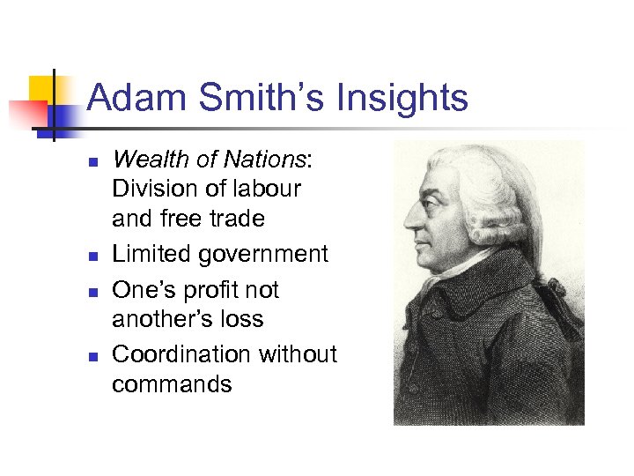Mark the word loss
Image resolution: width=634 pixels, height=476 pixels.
(241, 318)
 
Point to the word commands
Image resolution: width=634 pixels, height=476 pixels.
(172, 384)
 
